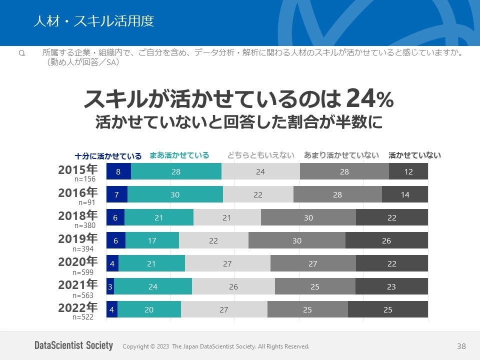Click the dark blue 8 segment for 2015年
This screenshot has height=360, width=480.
coord(118,171)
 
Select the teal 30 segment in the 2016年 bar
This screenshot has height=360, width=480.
coord(175,194)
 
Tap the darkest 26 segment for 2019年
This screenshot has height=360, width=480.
coord(386,240)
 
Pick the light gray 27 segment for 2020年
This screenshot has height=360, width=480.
coord(227,263)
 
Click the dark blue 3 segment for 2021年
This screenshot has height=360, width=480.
coord(110,286)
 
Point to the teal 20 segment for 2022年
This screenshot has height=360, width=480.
coord(149,309)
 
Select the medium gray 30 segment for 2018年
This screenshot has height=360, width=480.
coord(308,217)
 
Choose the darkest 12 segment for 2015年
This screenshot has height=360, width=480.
coord(408,171)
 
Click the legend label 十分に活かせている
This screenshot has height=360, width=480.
coord(108,155)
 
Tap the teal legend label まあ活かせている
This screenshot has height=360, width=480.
coord(179,155)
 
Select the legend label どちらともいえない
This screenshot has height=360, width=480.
coord(261,155)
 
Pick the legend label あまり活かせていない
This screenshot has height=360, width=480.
coord(341,155)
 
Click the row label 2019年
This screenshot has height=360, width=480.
coord(77,238)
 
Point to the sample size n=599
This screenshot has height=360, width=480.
coord(83,272)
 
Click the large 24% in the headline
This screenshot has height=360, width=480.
coord(369,98)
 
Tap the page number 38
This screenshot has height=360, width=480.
coord(461,346)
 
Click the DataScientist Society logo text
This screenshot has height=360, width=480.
coord(73,345)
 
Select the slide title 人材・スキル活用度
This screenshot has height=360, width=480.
coord(93,21)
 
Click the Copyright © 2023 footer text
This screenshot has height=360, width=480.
coord(215,346)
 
